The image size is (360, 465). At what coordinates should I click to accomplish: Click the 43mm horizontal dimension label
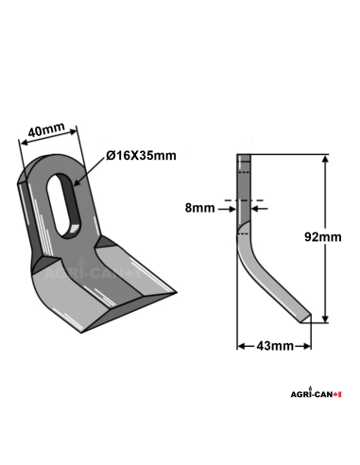(x=275, y=347)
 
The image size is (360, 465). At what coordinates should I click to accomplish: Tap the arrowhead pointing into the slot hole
(x=79, y=181)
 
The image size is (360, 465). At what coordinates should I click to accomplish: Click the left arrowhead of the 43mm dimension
(x=240, y=347)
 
